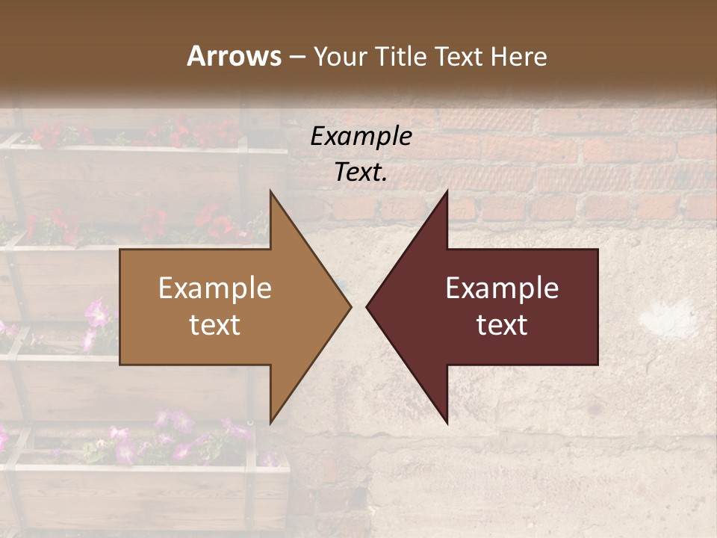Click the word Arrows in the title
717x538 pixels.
click(234, 56)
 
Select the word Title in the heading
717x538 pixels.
click(403, 56)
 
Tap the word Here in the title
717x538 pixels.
click(519, 56)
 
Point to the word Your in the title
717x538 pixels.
click(340, 56)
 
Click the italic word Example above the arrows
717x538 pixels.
click(361, 137)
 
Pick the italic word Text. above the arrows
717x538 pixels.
click(361, 172)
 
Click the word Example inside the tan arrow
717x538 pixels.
click(215, 288)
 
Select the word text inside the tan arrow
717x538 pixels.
click(215, 325)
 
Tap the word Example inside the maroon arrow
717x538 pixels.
click(502, 288)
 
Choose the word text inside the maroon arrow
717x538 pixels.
click(502, 325)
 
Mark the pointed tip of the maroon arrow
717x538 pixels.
click(367, 306)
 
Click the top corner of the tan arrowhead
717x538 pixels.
click(270, 191)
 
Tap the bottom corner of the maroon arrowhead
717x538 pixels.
click(447, 423)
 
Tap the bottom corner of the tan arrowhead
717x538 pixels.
click(270, 423)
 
